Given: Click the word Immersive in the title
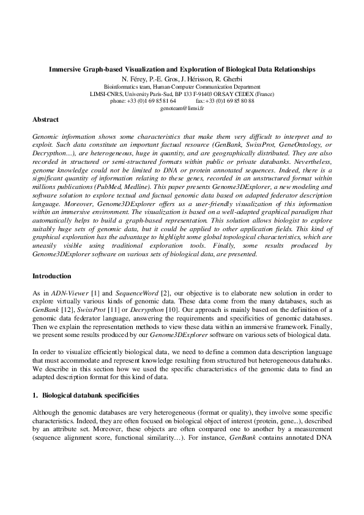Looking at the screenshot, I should [x=67, y=71].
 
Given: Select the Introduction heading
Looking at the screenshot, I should [x=51, y=276].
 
